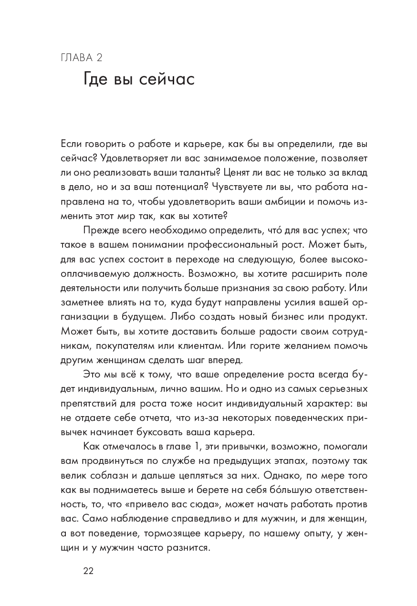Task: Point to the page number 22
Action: coord(89,571)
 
